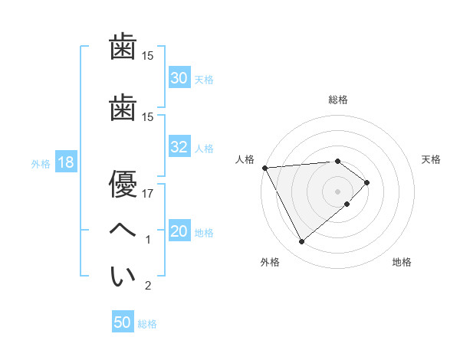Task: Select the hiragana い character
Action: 123,277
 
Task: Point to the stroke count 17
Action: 148,194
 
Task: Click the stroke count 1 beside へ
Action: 148,241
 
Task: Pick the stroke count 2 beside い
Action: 148,286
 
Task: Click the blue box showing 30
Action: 179,78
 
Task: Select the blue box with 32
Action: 179,148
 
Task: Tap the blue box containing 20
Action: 179,232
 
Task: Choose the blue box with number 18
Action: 65,162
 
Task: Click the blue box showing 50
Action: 123,322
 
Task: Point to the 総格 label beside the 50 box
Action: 147,324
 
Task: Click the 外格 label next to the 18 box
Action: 40,163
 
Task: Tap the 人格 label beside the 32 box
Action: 204,149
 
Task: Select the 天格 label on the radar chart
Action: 431,159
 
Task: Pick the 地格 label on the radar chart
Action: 402,262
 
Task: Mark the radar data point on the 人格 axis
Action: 264,167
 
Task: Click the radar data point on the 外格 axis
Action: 301,242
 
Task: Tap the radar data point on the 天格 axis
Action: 367,182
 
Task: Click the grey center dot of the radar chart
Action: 338,191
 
